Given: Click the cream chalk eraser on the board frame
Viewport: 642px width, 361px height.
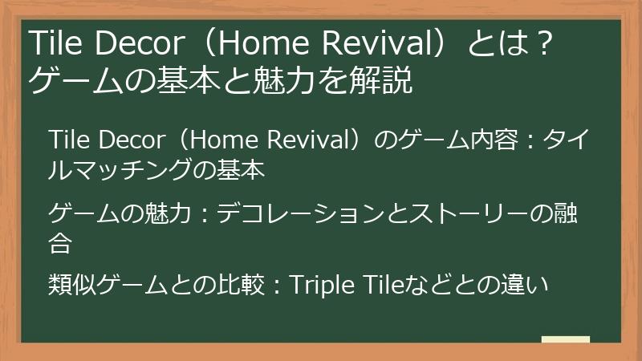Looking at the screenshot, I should pos(565,339).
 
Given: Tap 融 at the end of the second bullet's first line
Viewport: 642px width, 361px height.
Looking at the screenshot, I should pos(574,213).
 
